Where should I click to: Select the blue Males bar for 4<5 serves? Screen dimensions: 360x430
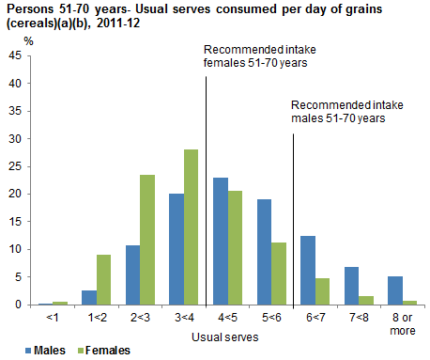pos(220,241)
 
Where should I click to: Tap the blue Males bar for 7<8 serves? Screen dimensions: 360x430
pos(350,286)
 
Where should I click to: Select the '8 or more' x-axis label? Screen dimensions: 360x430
pos(401,322)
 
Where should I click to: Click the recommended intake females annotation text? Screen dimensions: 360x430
pos(255,56)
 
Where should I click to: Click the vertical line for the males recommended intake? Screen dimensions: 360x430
pos(293,216)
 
